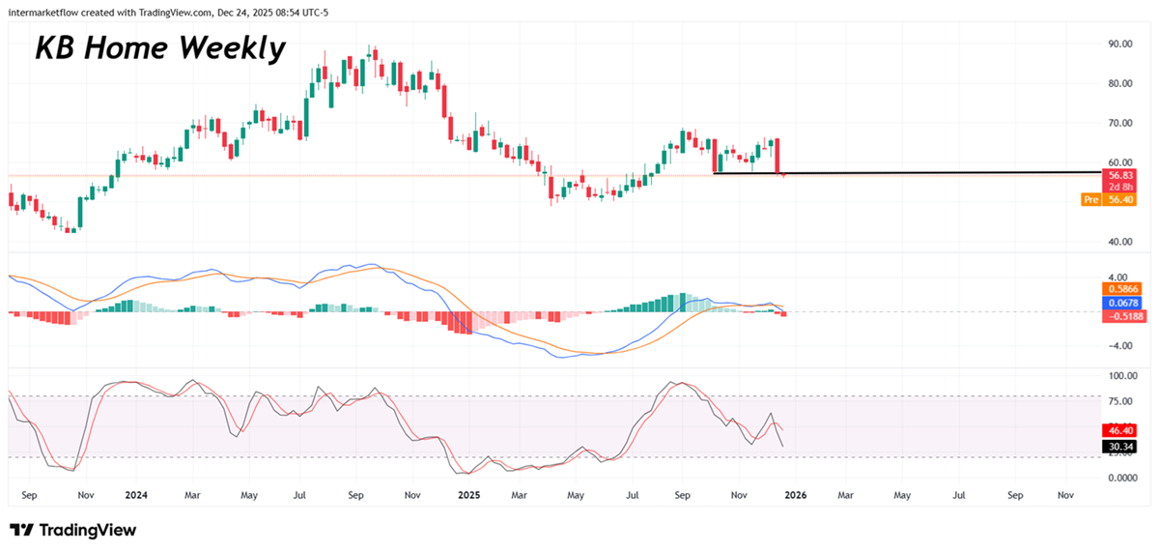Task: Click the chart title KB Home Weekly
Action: [160, 48]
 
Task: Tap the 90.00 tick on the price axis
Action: [1120, 44]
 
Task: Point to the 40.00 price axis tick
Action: [1120, 242]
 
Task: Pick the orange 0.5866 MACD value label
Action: [1119, 288]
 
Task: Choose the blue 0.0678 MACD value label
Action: [1119, 302]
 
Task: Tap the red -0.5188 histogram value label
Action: [1119, 315]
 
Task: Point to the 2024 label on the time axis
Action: [136, 495]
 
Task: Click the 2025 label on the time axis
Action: [468, 495]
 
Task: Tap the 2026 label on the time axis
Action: [795, 495]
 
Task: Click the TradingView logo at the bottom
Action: [73, 530]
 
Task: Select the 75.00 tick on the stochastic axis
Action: [1121, 402]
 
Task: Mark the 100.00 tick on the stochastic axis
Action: [1123, 375]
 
